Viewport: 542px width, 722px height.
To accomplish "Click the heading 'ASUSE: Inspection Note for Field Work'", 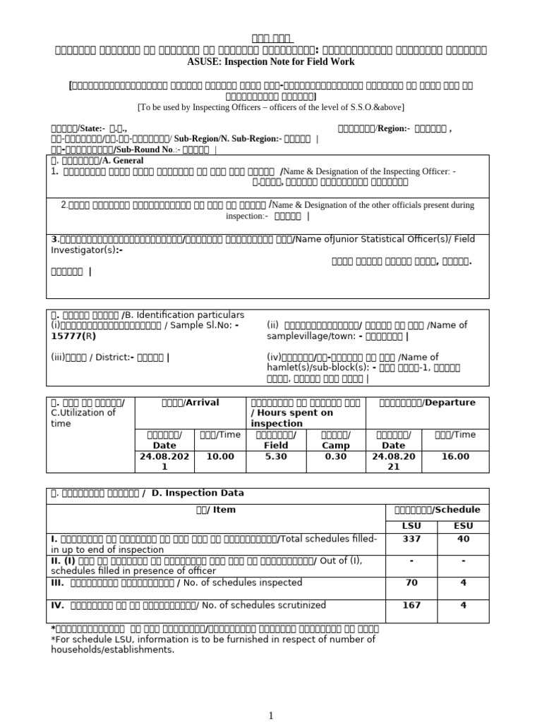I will (x=271, y=62).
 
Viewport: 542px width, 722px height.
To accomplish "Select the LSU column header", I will (x=411, y=525).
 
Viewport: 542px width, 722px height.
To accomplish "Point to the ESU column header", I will (x=463, y=525).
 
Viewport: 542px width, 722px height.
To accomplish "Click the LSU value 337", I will (x=411, y=539).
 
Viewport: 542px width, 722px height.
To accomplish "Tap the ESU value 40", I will (x=463, y=539).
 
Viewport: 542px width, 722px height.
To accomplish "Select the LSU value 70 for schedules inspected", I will (x=411, y=582).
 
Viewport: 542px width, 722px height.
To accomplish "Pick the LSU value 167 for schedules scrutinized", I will (x=411, y=605).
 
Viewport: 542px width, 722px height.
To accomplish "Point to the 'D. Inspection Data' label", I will (x=193, y=494).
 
